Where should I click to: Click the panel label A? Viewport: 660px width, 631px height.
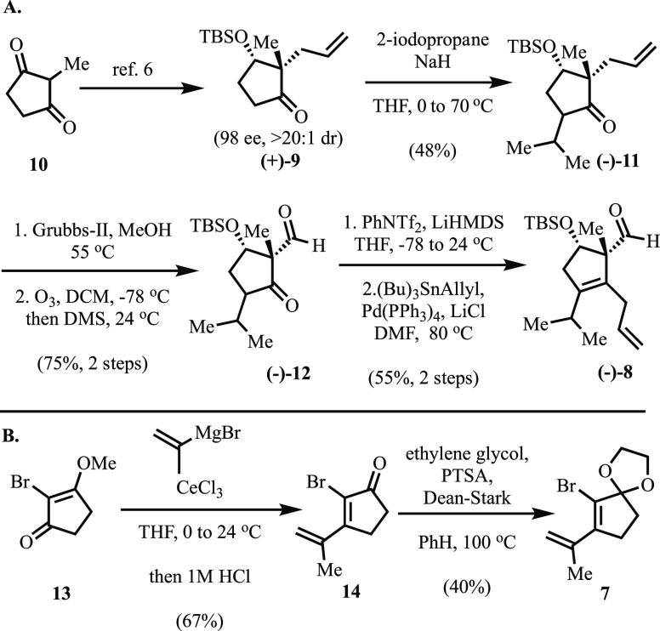tap(14, 10)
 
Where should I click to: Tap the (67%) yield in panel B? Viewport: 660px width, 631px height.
tap(194, 616)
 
